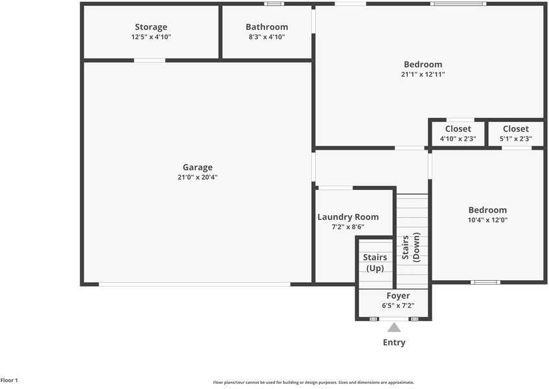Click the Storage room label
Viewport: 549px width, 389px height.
click(151, 27)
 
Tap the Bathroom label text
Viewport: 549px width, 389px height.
click(266, 27)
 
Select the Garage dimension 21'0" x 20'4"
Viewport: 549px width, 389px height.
click(198, 177)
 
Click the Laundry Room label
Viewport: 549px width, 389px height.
click(348, 217)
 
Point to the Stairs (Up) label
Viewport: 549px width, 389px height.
click(375, 263)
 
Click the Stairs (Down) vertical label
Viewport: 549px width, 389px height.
click(411, 246)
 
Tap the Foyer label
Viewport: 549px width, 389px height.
click(398, 296)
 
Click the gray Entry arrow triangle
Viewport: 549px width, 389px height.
click(394, 327)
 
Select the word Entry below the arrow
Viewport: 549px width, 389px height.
click(394, 342)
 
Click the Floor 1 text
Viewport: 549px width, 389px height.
click(9, 381)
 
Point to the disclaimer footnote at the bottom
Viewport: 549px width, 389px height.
click(313, 383)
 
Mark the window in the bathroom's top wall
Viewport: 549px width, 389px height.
click(274, 4)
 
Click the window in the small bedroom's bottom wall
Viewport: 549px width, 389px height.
click(485, 282)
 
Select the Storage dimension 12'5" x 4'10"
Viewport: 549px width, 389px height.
click(151, 37)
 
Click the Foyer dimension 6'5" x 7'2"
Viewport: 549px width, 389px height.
click(398, 305)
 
